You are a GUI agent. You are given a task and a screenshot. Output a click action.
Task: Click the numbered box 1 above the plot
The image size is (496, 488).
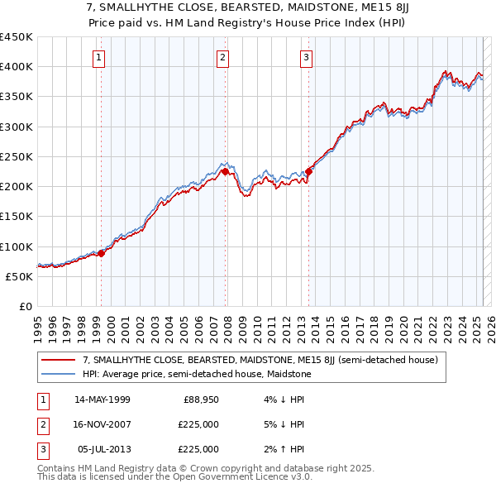pos(98,57)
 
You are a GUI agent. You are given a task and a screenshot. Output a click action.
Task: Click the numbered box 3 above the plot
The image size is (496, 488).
pos(306,57)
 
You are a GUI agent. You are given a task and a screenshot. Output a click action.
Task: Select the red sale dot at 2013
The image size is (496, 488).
pos(308,172)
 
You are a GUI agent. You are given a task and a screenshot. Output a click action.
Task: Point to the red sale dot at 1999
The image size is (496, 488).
pos(101,253)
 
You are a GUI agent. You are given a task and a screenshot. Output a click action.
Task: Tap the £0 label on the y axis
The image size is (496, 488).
pos(25,307)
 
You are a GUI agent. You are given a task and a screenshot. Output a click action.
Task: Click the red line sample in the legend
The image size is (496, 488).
pos(59,360)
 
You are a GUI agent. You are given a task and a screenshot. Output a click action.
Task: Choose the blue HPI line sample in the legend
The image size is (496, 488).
pos(59,374)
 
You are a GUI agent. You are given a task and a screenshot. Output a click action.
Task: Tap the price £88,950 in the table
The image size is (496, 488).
pos(201,400)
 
